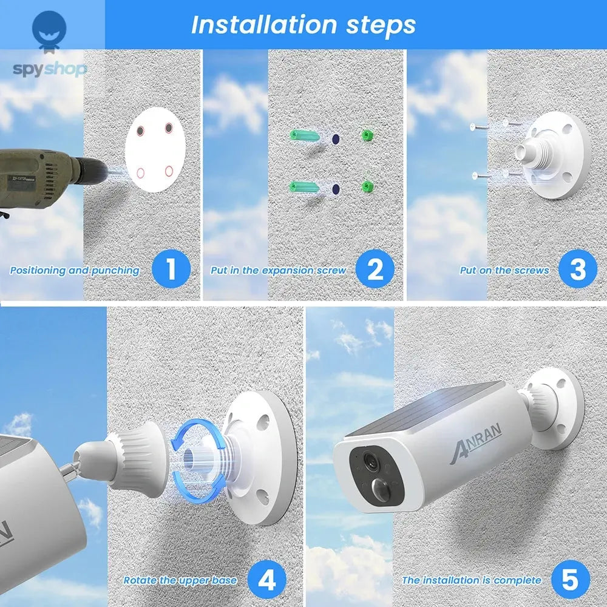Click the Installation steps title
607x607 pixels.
(303, 25)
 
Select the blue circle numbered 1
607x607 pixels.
(171, 268)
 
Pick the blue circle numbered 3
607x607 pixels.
(577, 268)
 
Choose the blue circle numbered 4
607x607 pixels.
(267, 579)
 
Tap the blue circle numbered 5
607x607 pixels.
(571, 579)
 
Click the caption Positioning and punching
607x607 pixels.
(75, 271)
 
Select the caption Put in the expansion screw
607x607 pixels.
(278, 271)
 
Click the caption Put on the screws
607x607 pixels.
(504, 271)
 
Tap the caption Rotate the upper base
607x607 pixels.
(180, 580)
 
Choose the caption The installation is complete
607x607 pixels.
(471, 580)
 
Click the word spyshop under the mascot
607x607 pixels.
(50, 68)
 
